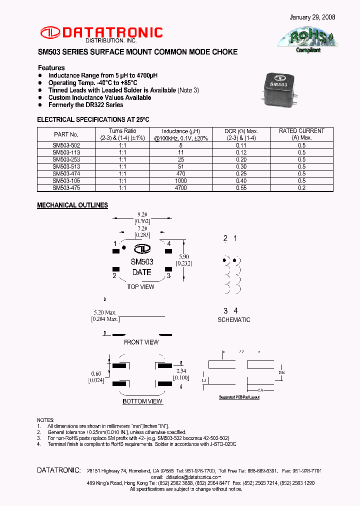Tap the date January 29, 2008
pyautogui.click(x=312, y=17)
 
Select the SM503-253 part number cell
pyautogui.click(x=66, y=159)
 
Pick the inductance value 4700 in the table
pyautogui.click(x=181, y=188)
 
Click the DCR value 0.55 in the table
pyautogui.click(x=241, y=188)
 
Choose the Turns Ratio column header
pyautogui.click(x=122, y=134)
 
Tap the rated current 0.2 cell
pyautogui.click(x=301, y=188)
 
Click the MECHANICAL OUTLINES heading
pyautogui.click(x=72, y=205)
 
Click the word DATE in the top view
pyautogui.click(x=141, y=272)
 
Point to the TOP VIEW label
pyautogui.click(x=140, y=286)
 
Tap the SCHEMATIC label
pyautogui.click(x=234, y=319)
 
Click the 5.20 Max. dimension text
pyautogui.click(x=104, y=312)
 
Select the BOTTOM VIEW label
pyautogui.click(x=142, y=401)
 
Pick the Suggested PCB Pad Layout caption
pyautogui.click(x=239, y=397)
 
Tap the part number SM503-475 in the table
pyautogui.click(x=66, y=188)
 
